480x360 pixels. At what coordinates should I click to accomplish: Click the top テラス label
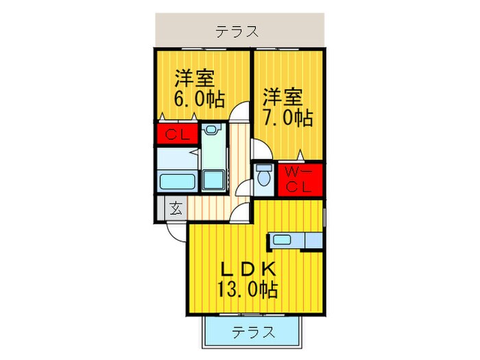[x=237, y=31]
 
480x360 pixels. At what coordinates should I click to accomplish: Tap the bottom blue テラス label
[x=253, y=333]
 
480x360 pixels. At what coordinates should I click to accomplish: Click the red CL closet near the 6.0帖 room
[x=176, y=134]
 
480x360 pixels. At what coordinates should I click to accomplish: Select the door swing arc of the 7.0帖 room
[x=261, y=148]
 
